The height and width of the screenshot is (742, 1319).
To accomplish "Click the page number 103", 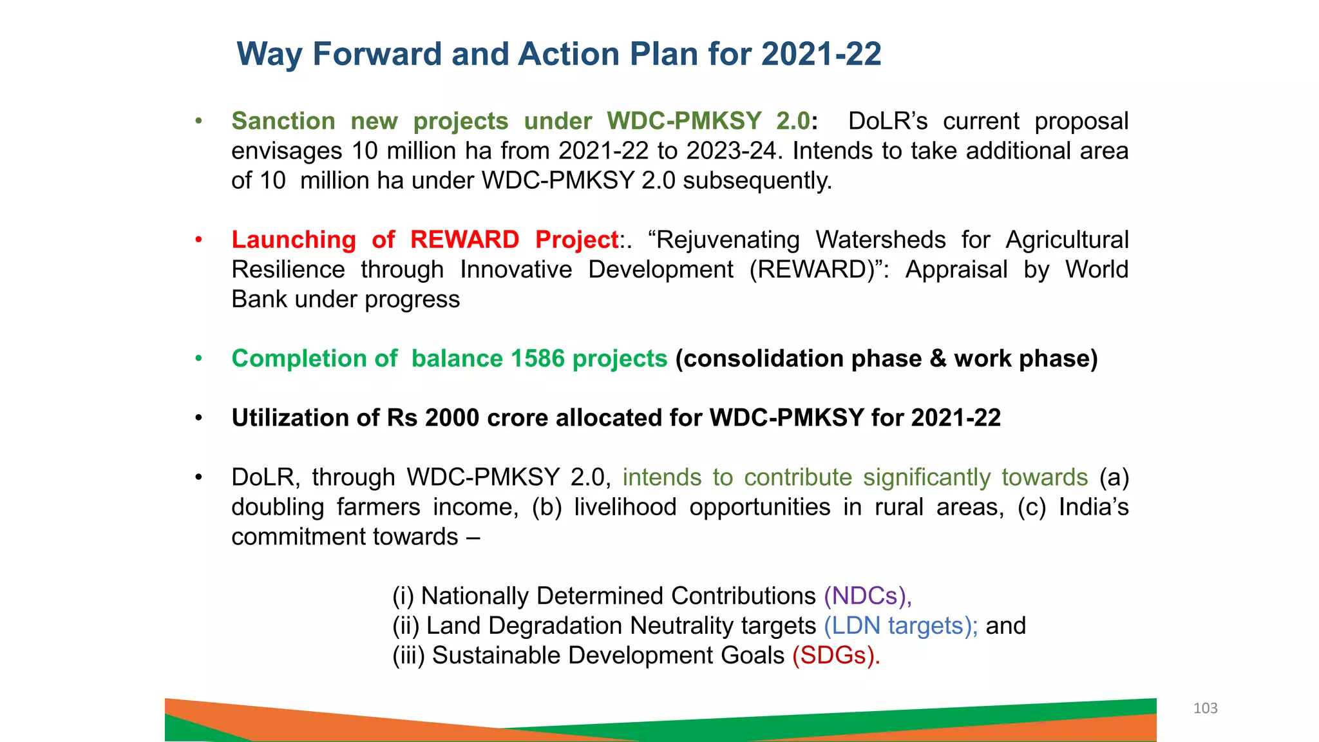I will [1205, 709].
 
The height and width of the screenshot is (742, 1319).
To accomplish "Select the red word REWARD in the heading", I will [464, 240].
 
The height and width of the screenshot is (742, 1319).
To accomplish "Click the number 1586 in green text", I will [537, 359].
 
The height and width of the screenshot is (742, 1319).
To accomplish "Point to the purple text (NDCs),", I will [868, 596].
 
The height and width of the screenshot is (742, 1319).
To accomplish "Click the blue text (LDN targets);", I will [900, 626].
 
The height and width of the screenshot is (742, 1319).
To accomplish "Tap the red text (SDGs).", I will [836, 656].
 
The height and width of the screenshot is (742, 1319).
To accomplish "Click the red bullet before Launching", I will [199, 240].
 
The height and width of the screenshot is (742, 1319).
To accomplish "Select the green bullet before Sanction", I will [199, 121].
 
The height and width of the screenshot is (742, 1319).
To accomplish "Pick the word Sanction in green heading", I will [283, 122].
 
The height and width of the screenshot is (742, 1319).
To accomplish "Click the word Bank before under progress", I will [258, 300].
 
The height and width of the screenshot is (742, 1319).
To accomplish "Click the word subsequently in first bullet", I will [757, 181].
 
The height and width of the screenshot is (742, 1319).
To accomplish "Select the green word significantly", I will [927, 478].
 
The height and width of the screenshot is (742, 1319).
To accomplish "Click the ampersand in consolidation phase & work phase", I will [938, 359].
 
